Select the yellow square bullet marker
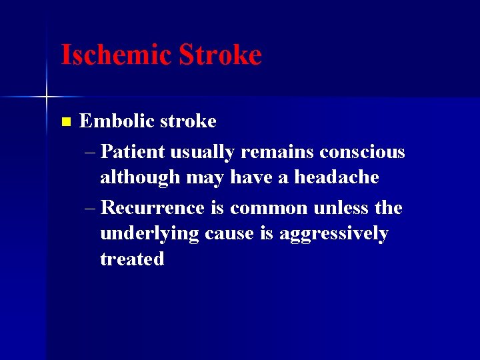coord(65,122)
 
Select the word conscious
coord(362,152)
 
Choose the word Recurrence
coord(153,208)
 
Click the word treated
coord(132,259)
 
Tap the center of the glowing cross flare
coord(47,97)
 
